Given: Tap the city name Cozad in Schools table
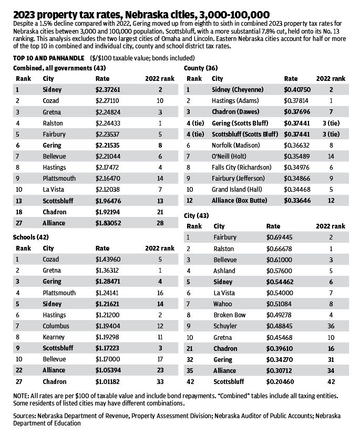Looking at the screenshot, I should (x=51, y=259).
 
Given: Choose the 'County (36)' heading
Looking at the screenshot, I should (x=201, y=68).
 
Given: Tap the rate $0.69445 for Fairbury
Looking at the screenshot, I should (x=279, y=237).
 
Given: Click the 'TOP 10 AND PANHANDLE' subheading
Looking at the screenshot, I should (x=44, y=57).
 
